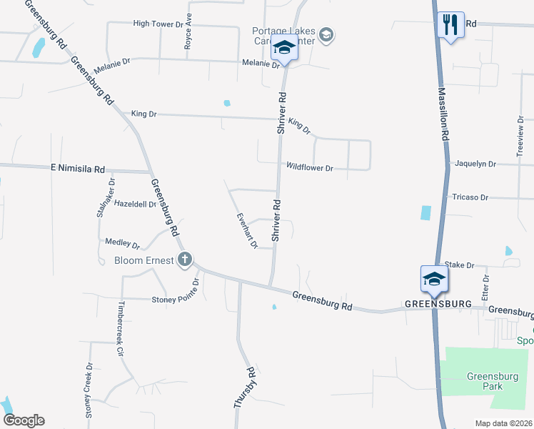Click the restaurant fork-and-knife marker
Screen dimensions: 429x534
point(450,25)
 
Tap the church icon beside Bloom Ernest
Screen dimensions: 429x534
point(185,260)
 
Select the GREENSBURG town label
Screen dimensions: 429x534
point(438,304)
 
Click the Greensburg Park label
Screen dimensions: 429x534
point(485,381)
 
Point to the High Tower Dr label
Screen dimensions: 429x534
point(158,24)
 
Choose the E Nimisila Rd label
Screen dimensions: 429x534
point(78,169)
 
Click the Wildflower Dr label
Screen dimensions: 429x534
point(310,168)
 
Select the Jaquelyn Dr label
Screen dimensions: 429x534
point(475,164)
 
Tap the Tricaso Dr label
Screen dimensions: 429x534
point(470,197)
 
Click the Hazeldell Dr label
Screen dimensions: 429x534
point(135,204)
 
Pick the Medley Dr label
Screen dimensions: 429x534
point(122,244)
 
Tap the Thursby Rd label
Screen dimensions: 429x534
point(244,388)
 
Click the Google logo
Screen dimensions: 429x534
point(24,420)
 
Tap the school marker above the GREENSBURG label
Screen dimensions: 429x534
point(434,278)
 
